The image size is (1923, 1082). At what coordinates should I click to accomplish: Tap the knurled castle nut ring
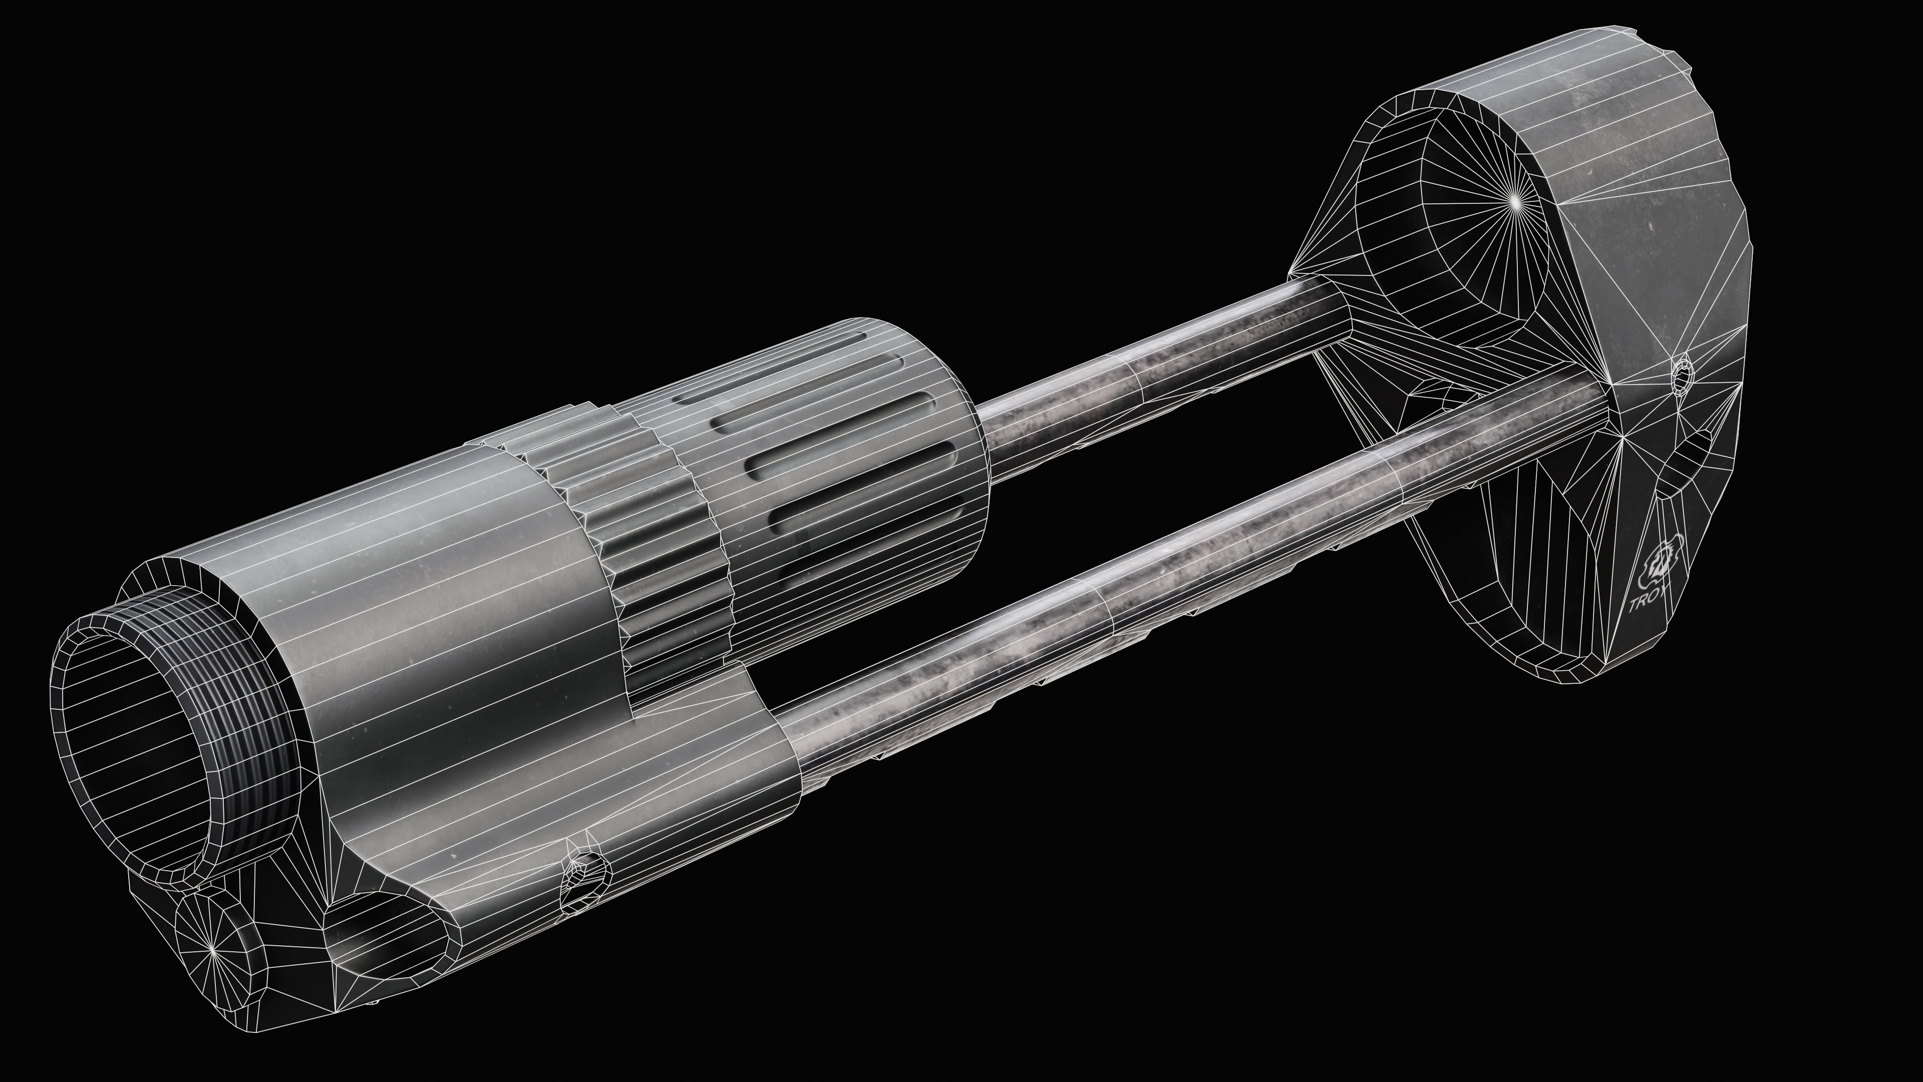coord(634,522)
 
